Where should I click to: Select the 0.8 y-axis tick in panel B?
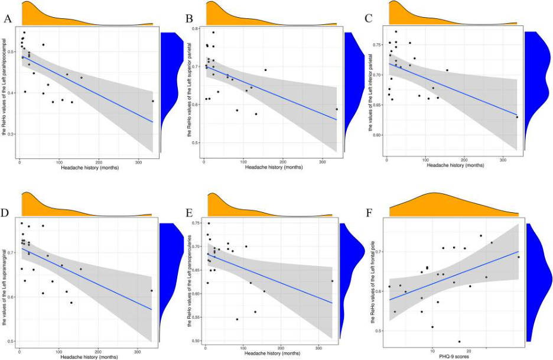197,28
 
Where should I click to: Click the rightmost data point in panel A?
152,101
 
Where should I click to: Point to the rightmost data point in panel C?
516,117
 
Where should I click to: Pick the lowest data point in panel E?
237,319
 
